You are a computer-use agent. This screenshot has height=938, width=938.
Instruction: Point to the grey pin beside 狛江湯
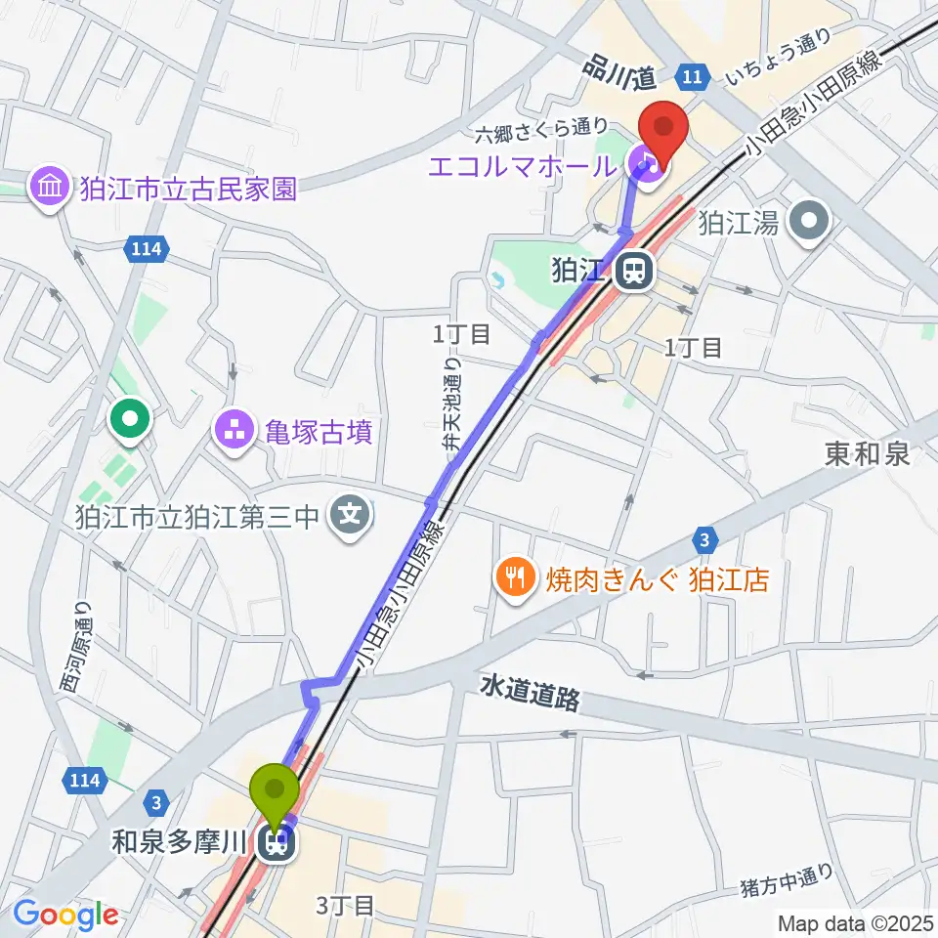click(x=810, y=222)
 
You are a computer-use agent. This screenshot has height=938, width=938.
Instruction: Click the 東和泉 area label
click(x=867, y=453)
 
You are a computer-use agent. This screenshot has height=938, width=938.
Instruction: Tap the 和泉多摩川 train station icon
click(x=277, y=842)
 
